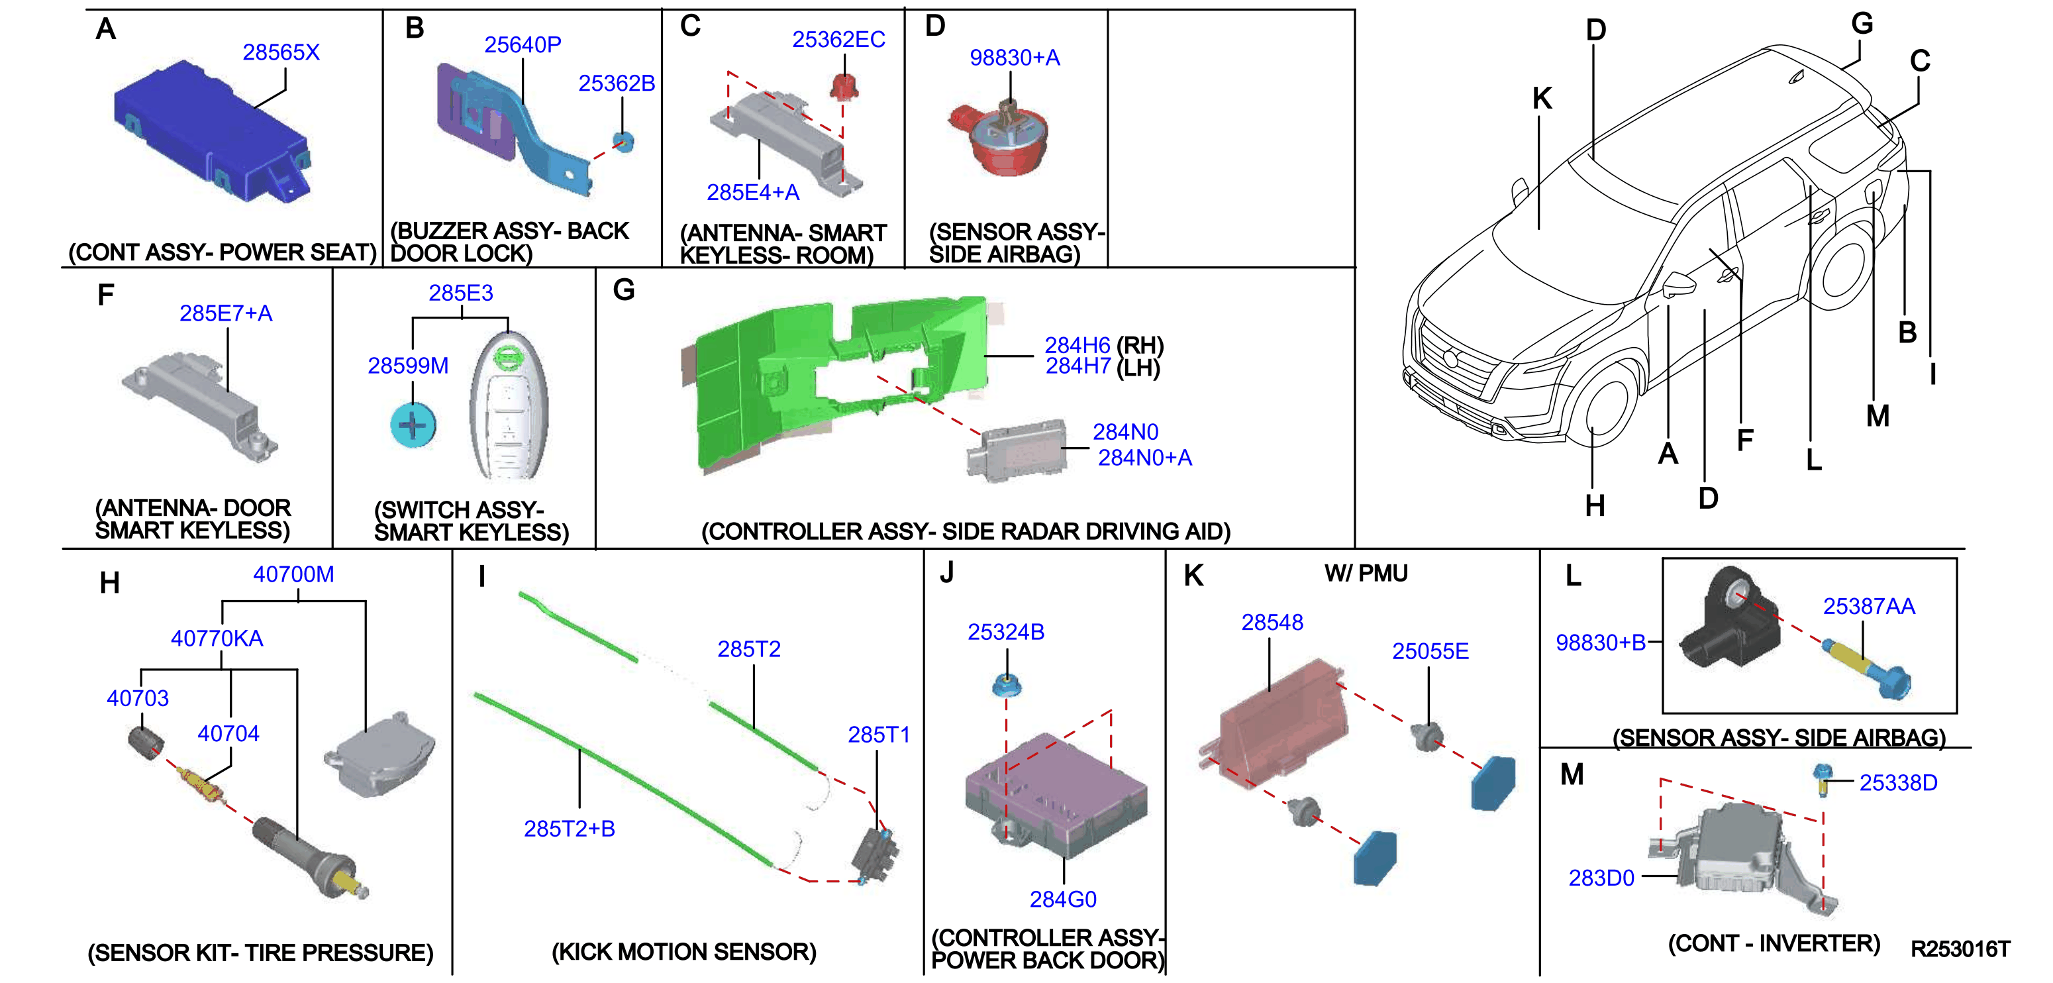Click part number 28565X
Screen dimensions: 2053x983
pyautogui.click(x=281, y=52)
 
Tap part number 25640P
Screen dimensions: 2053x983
pyautogui.click(x=523, y=44)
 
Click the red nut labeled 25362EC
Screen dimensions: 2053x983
pyautogui.click(x=844, y=85)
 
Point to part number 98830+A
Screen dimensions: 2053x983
pyautogui.click(x=1015, y=58)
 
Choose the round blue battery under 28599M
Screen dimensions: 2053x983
pyautogui.click(x=413, y=425)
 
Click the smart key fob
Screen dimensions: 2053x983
pyautogui.click(x=509, y=404)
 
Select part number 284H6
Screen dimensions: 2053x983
pyautogui.click(x=1077, y=345)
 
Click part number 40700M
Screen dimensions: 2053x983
pyautogui.click(x=293, y=574)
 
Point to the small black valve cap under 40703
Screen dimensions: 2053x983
pyautogui.click(x=146, y=743)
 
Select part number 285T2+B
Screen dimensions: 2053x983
pyautogui.click(x=569, y=829)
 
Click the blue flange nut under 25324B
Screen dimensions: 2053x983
pyautogui.click(x=1007, y=685)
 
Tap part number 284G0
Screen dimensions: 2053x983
pyautogui.click(x=1063, y=900)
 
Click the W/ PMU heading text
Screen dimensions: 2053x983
pyautogui.click(x=1366, y=573)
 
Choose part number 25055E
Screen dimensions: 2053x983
pyautogui.click(x=1430, y=651)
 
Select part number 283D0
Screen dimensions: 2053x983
pyautogui.click(x=1601, y=878)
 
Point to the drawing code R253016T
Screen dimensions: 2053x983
pyautogui.click(x=1960, y=949)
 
